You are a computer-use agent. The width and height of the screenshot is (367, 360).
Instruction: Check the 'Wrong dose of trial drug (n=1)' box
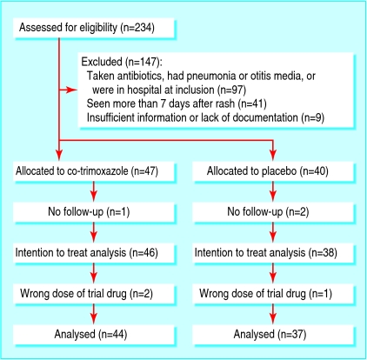point(271,294)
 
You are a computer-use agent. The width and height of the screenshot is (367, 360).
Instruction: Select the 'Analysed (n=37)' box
point(271,333)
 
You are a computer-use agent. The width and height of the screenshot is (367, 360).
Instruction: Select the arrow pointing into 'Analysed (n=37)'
point(273,317)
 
